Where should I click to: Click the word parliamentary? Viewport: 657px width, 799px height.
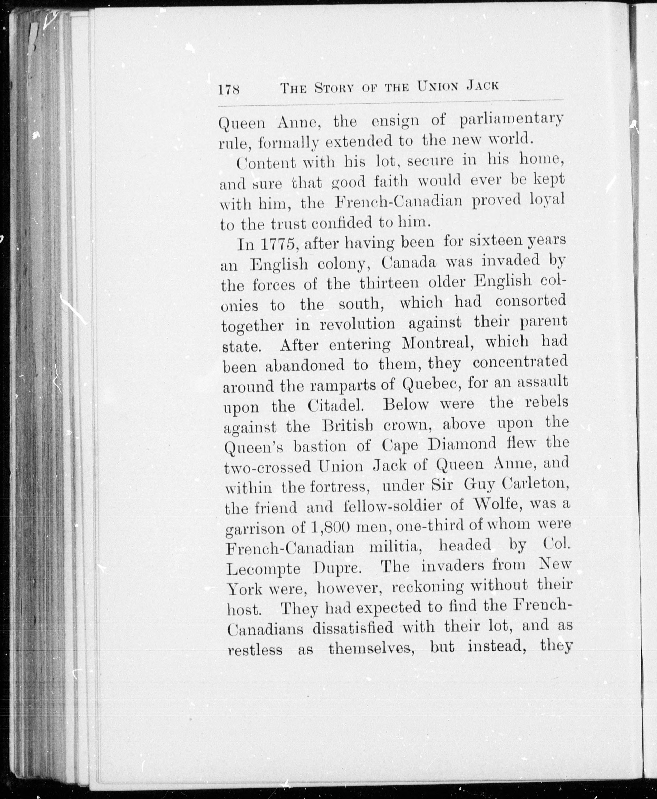[511, 120]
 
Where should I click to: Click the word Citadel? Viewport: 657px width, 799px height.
[336, 406]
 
